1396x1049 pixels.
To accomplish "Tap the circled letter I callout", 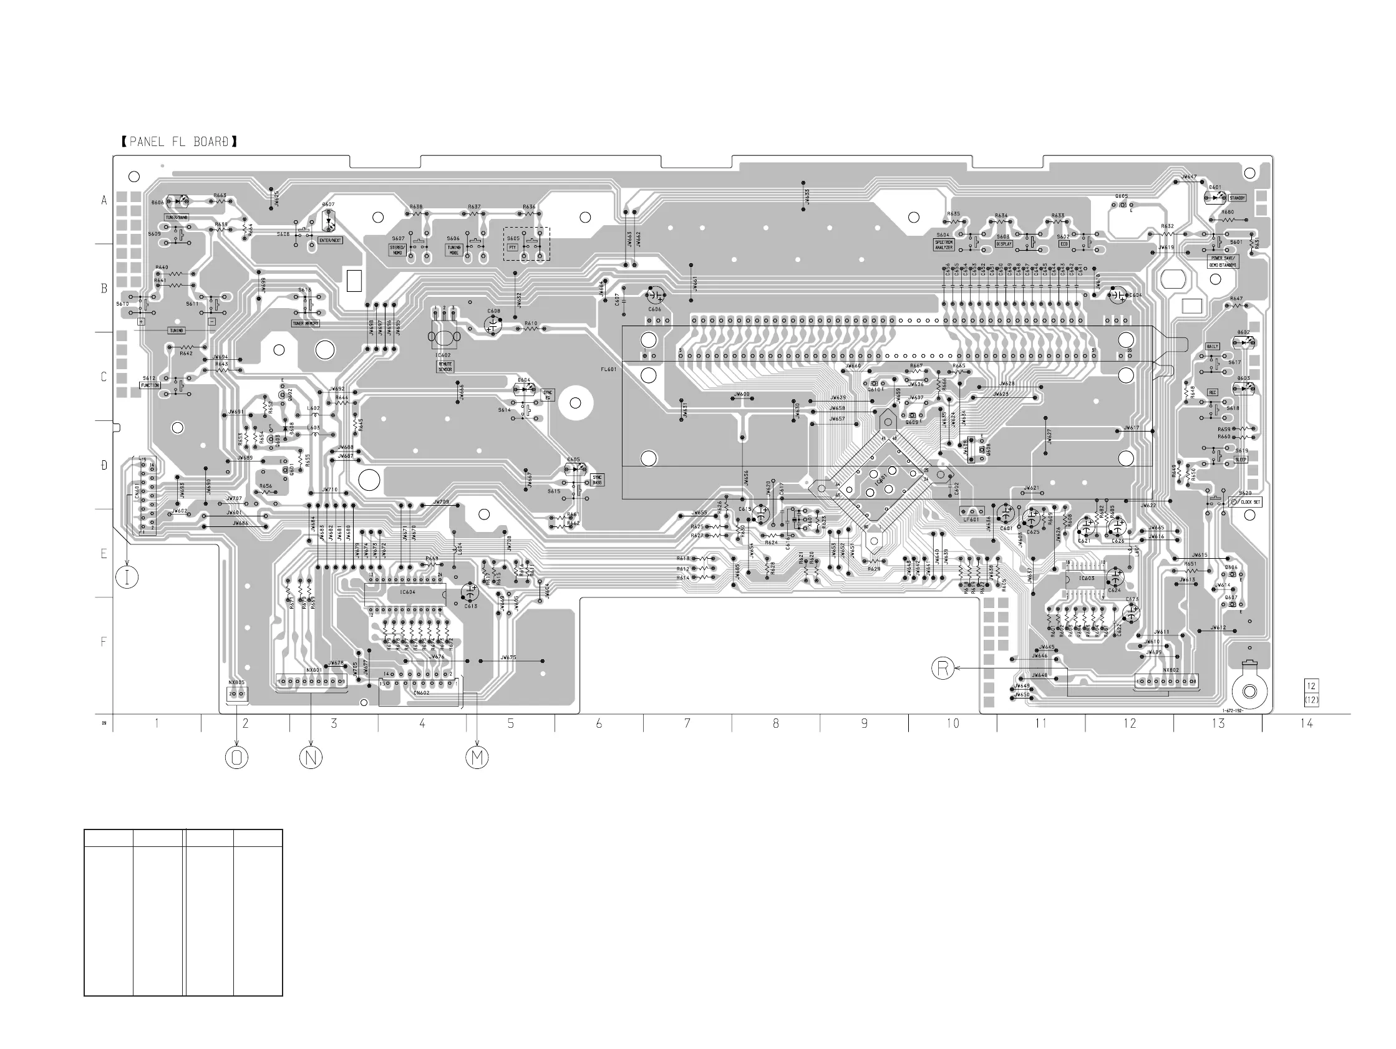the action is pos(127,577).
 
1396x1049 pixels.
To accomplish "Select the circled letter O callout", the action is pos(236,757).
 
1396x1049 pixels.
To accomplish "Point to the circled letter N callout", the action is pos(311,757).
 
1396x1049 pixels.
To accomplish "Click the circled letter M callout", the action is pos(477,757).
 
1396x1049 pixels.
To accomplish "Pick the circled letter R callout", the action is pos(943,668).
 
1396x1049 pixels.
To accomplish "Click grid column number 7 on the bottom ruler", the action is pos(687,723).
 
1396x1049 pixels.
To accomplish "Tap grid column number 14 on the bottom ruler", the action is pos(1306,723).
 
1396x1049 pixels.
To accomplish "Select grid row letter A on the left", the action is pos(105,201).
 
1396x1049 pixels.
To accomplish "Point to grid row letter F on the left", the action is pos(104,642).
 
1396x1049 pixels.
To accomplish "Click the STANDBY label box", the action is pos(1237,198).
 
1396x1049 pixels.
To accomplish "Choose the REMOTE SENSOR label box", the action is pos(445,367).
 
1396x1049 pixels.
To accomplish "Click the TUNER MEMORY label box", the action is pos(306,324).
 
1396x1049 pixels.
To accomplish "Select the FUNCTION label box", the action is pos(150,385).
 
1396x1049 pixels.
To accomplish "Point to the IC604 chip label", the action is pos(408,592).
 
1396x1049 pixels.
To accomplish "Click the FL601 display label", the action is pos(608,369).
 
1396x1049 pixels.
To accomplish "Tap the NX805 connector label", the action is pos(236,682).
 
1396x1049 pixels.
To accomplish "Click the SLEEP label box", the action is pos(1241,460).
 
